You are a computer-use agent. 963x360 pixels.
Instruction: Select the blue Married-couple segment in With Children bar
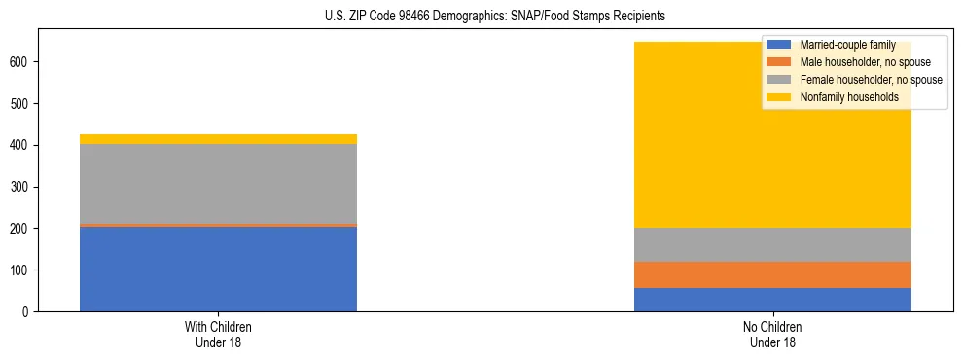pyautogui.click(x=218, y=269)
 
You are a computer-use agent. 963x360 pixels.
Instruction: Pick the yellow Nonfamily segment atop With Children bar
pyautogui.click(x=218, y=139)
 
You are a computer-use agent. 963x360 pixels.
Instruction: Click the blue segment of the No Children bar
pyautogui.click(x=772, y=300)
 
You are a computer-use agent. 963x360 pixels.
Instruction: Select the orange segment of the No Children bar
pyautogui.click(x=772, y=275)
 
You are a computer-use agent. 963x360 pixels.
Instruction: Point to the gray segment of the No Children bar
pyautogui.click(x=772, y=245)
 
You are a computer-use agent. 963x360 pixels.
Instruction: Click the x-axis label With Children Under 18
pyautogui.click(x=218, y=335)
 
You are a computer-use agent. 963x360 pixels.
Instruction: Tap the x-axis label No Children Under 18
pyautogui.click(x=772, y=335)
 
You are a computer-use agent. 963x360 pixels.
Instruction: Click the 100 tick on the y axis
pyautogui.click(x=23, y=270)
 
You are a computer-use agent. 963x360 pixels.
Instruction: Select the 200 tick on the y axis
pyautogui.click(x=23, y=229)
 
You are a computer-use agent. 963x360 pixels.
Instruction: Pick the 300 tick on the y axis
pyautogui.click(x=23, y=187)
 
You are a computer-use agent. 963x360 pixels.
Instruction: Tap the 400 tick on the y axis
pyautogui.click(x=23, y=145)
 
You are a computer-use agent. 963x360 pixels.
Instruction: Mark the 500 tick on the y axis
pyautogui.click(x=23, y=104)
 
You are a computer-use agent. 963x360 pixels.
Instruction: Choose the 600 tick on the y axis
pyautogui.click(x=23, y=62)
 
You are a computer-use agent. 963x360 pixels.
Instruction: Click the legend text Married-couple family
pyautogui.click(x=847, y=45)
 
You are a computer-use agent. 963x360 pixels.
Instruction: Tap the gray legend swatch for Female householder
pyautogui.click(x=779, y=80)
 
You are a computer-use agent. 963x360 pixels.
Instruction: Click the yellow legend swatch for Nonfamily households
pyautogui.click(x=779, y=97)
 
